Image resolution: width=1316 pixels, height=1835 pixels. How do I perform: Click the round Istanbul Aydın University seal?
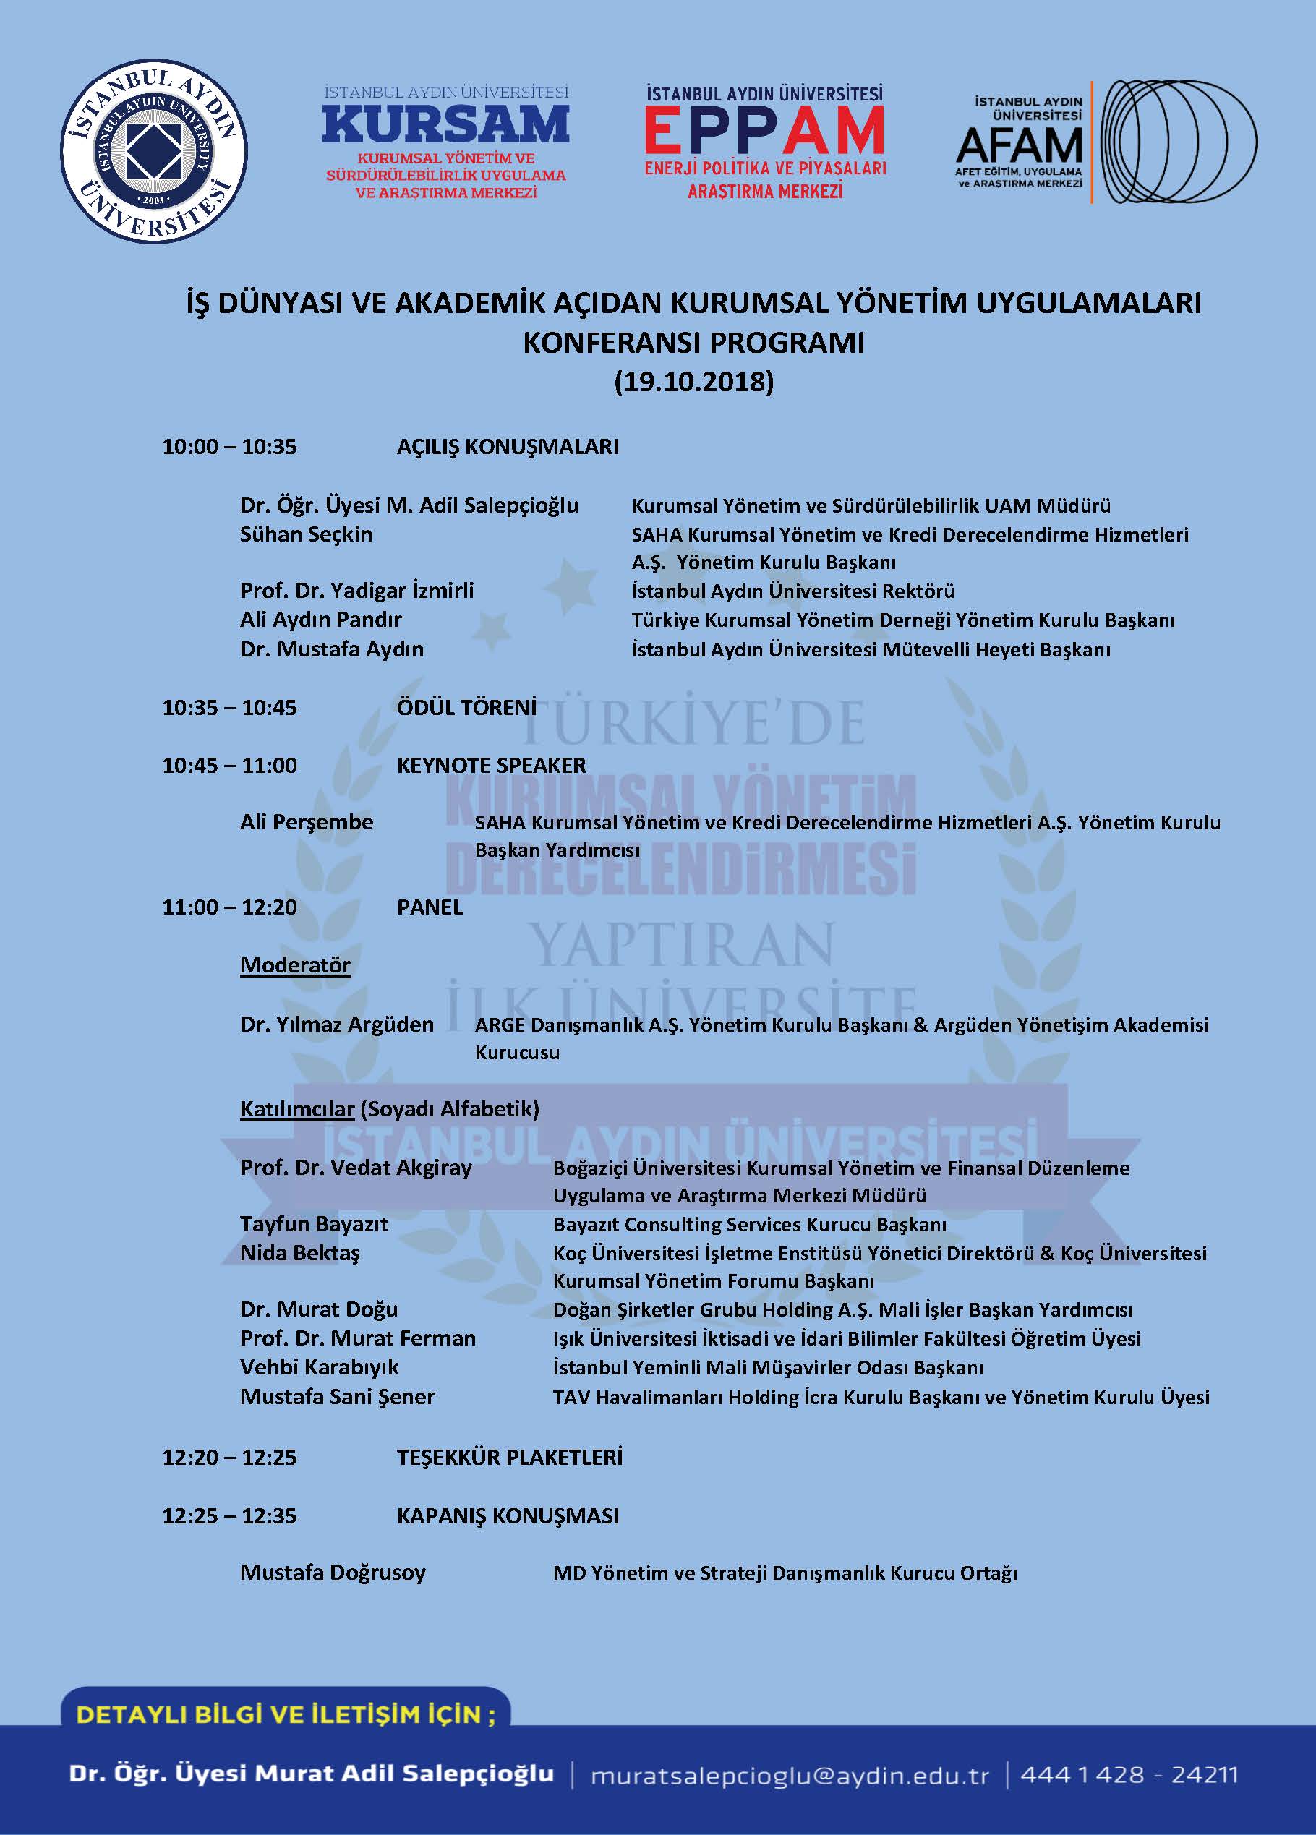154,151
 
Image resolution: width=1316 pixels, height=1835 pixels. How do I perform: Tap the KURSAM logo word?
446,124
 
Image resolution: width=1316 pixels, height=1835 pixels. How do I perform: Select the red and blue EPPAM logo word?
764,132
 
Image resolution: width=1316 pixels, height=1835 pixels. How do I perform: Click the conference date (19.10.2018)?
693,381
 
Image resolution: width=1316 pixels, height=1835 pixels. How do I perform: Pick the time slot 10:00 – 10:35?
229,447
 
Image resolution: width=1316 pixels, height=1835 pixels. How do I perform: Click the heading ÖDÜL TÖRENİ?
466,707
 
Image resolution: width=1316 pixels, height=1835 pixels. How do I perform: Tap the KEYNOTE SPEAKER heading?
491,766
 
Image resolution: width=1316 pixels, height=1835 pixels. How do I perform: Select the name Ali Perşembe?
307,822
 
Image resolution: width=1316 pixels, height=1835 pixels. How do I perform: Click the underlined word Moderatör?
296,965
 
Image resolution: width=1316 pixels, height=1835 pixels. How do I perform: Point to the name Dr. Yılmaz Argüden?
337,1025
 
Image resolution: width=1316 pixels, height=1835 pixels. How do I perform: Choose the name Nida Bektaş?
300,1253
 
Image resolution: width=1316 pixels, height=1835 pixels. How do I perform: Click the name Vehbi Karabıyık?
320,1367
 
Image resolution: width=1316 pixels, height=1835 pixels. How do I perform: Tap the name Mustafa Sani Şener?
338,1396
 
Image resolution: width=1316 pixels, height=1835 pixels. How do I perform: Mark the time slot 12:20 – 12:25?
229,1457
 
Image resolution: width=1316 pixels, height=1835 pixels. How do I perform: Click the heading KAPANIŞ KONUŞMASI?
508,1515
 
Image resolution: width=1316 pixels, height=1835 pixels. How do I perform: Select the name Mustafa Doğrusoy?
333,1573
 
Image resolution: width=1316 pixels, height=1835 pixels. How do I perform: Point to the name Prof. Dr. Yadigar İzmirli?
357,591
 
